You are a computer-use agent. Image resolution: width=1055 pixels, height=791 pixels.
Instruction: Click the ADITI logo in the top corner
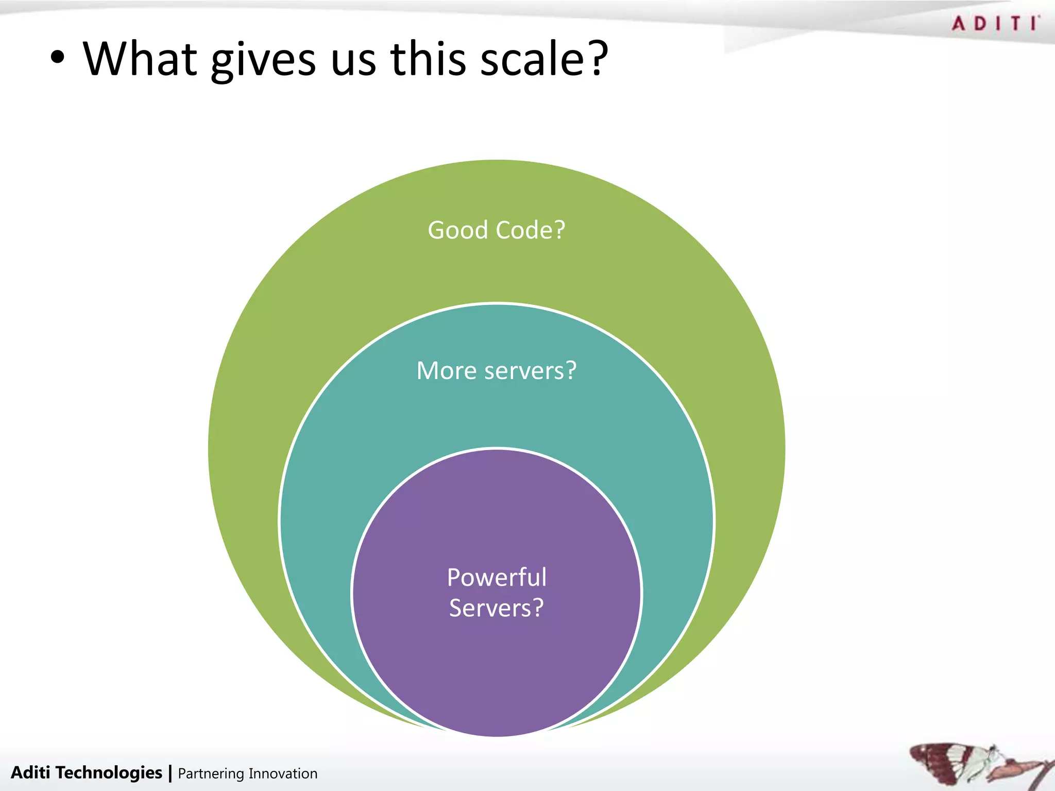point(995,24)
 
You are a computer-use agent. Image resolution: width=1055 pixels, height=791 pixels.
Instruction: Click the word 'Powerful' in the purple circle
point(497,577)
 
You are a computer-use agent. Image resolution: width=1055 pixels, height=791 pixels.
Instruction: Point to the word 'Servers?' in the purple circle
point(497,608)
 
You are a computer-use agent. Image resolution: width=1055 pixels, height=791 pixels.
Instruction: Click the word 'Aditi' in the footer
point(30,772)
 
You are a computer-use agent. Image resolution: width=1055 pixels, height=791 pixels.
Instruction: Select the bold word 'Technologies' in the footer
point(109,772)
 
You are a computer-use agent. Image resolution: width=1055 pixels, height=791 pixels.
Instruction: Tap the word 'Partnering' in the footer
point(211,774)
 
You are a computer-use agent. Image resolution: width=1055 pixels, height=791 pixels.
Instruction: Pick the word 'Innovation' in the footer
point(283,773)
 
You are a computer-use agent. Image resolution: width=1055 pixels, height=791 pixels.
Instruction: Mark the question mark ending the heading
point(598,58)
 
